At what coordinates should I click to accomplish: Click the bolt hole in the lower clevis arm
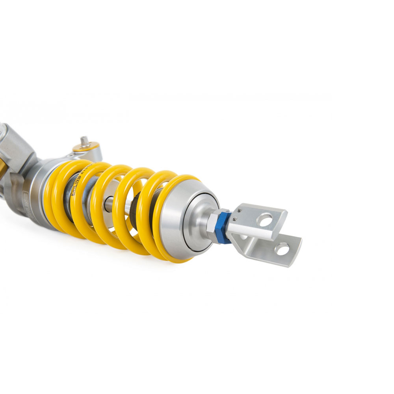click(x=282, y=249)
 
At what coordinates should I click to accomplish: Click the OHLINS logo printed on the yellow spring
click(x=78, y=178)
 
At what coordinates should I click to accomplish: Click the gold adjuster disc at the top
click(x=86, y=148)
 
